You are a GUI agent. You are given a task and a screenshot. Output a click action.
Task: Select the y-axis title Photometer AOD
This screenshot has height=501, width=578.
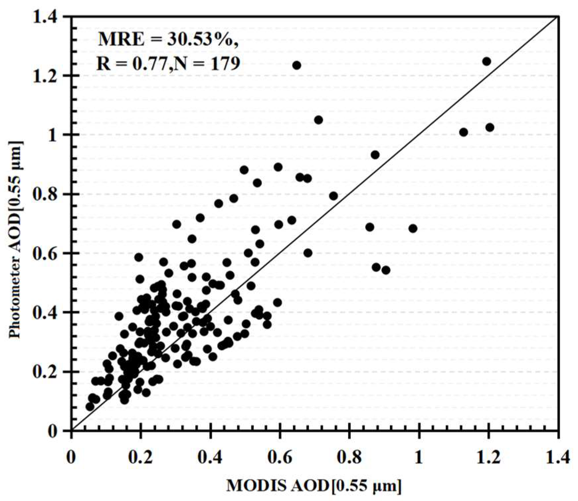pos(15,239)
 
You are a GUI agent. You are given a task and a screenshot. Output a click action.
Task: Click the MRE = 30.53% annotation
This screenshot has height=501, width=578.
pos(168,40)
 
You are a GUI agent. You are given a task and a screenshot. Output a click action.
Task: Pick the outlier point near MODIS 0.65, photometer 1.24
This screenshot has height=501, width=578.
pos(297,65)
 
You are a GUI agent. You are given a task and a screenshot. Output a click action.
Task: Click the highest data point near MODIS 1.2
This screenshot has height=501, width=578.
pos(487,62)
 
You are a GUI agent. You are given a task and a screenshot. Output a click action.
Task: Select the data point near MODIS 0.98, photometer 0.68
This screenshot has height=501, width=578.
pos(413,229)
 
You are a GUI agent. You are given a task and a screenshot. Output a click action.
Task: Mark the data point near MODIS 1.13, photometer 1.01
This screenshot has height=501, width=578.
pos(464,132)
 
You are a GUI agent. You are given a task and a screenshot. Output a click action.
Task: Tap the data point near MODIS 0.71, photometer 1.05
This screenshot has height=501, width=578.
pos(319,120)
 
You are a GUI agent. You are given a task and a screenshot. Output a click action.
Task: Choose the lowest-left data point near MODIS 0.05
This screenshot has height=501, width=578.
pos(90,407)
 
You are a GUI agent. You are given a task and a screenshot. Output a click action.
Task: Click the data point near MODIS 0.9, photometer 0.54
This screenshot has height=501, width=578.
pos(386,270)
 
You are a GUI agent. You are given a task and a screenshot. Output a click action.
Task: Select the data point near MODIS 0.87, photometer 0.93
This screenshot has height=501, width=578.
pos(375,155)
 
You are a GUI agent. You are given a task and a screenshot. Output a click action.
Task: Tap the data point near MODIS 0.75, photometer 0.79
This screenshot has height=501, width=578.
pos(334,196)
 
